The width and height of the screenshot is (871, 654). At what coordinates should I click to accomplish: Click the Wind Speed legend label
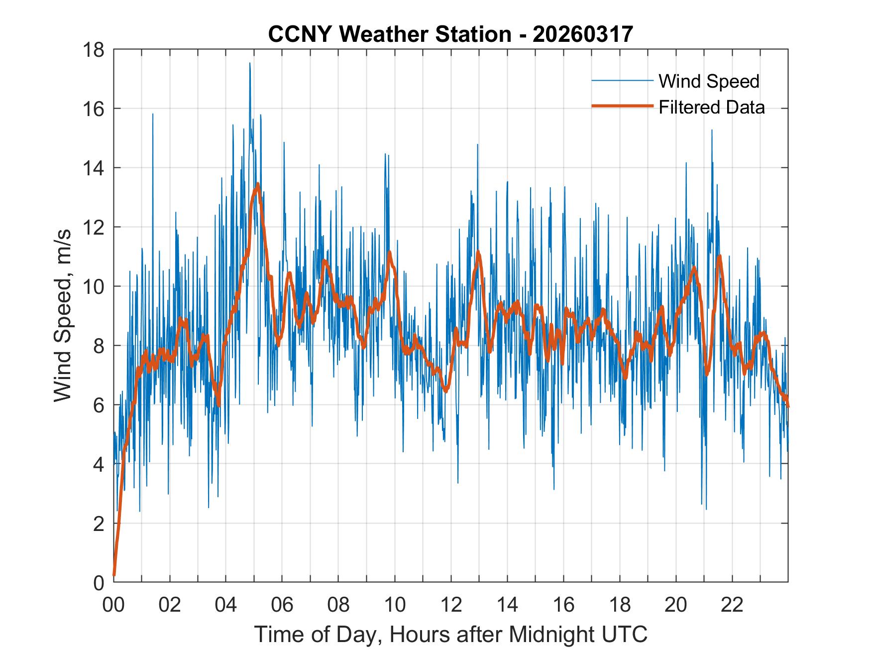(x=709, y=81)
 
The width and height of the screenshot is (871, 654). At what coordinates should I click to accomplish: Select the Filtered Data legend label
(x=711, y=107)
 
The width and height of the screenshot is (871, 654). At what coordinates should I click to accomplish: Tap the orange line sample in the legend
(x=622, y=107)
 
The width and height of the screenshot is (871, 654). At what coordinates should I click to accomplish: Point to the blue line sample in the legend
(x=622, y=81)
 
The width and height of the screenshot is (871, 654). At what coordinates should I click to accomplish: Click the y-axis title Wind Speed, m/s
(x=63, y=315)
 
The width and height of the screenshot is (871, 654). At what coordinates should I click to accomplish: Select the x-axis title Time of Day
(x=450, y=634)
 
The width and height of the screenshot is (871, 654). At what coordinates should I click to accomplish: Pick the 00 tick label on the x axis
(x=113, y=605)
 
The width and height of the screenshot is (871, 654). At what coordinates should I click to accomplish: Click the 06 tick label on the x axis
(x=282, y=605)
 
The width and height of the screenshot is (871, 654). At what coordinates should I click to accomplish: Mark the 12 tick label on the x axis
(x=451, y=605)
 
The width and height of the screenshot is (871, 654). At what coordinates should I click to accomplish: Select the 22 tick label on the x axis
(x=732, y=605)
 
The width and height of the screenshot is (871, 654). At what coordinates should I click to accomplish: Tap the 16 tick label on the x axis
(x=563, y=605)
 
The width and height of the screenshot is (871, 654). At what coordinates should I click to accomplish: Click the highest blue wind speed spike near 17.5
(x=250, y=63)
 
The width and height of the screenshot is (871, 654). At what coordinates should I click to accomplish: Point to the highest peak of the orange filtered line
(x=258, y=184)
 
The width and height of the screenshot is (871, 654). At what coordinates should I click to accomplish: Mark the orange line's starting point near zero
(x=114, y=575)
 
